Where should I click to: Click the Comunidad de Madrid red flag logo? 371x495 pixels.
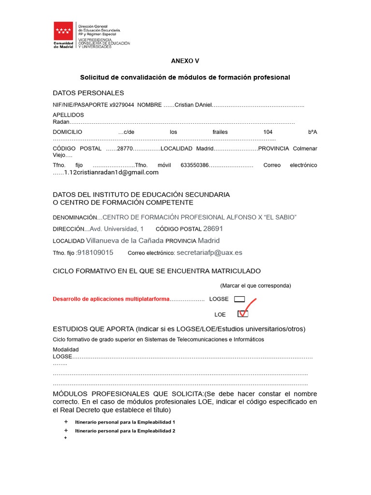point(63,31)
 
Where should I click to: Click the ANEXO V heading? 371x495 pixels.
point(185,61)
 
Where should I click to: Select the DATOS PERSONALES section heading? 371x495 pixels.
point(88,93)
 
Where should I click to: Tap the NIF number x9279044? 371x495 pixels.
point(122,105)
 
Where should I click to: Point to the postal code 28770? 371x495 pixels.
point(125,148)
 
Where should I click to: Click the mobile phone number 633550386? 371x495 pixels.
point(194,165)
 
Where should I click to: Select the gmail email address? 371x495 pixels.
point(111,173)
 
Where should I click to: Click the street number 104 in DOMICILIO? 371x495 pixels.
point(268,132)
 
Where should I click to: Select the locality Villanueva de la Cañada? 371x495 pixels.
point(125,240)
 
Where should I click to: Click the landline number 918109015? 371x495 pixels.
point(96,252)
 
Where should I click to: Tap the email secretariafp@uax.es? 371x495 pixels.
point(210,252)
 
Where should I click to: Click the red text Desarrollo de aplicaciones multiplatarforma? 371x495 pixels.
point(111,299)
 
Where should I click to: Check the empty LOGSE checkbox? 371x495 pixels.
point(240,299)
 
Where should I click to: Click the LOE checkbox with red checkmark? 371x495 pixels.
point(243,314)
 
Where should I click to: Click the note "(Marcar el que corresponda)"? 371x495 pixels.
point(256,285)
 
